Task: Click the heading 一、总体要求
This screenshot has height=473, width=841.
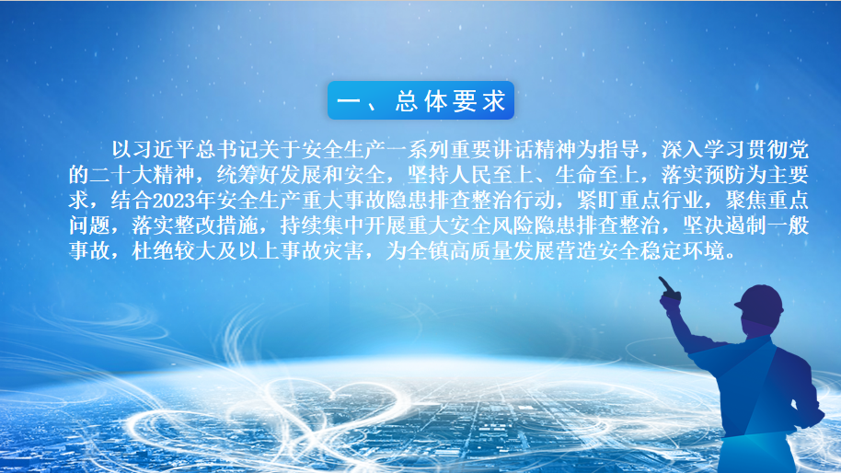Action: pyautogui.click(x=421, y=101)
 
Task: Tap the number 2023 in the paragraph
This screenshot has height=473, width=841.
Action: pyautogui.click(x=174, y=201)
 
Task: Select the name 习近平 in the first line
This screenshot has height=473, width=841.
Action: pyautogui.click(x=164, y=150)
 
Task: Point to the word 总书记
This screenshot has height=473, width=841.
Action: pyautogui.click(x=227, y=150)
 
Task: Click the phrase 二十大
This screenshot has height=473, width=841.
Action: pyautogui.click(x=121, y=175)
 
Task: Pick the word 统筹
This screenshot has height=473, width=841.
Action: pyautogui.click(x=237, y=175)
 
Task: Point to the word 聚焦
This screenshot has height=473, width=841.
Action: pyautogui.click(x=745, y=201)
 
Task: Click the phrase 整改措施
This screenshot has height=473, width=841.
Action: pyautogui.click(x=216, y=225)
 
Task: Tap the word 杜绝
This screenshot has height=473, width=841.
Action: pyautogui.click(x=153, y=250)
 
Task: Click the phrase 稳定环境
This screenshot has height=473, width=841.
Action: pyautogui.click(x=682, y=250)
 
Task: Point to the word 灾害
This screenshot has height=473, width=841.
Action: pyautogui.click(x=343, y=250)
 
